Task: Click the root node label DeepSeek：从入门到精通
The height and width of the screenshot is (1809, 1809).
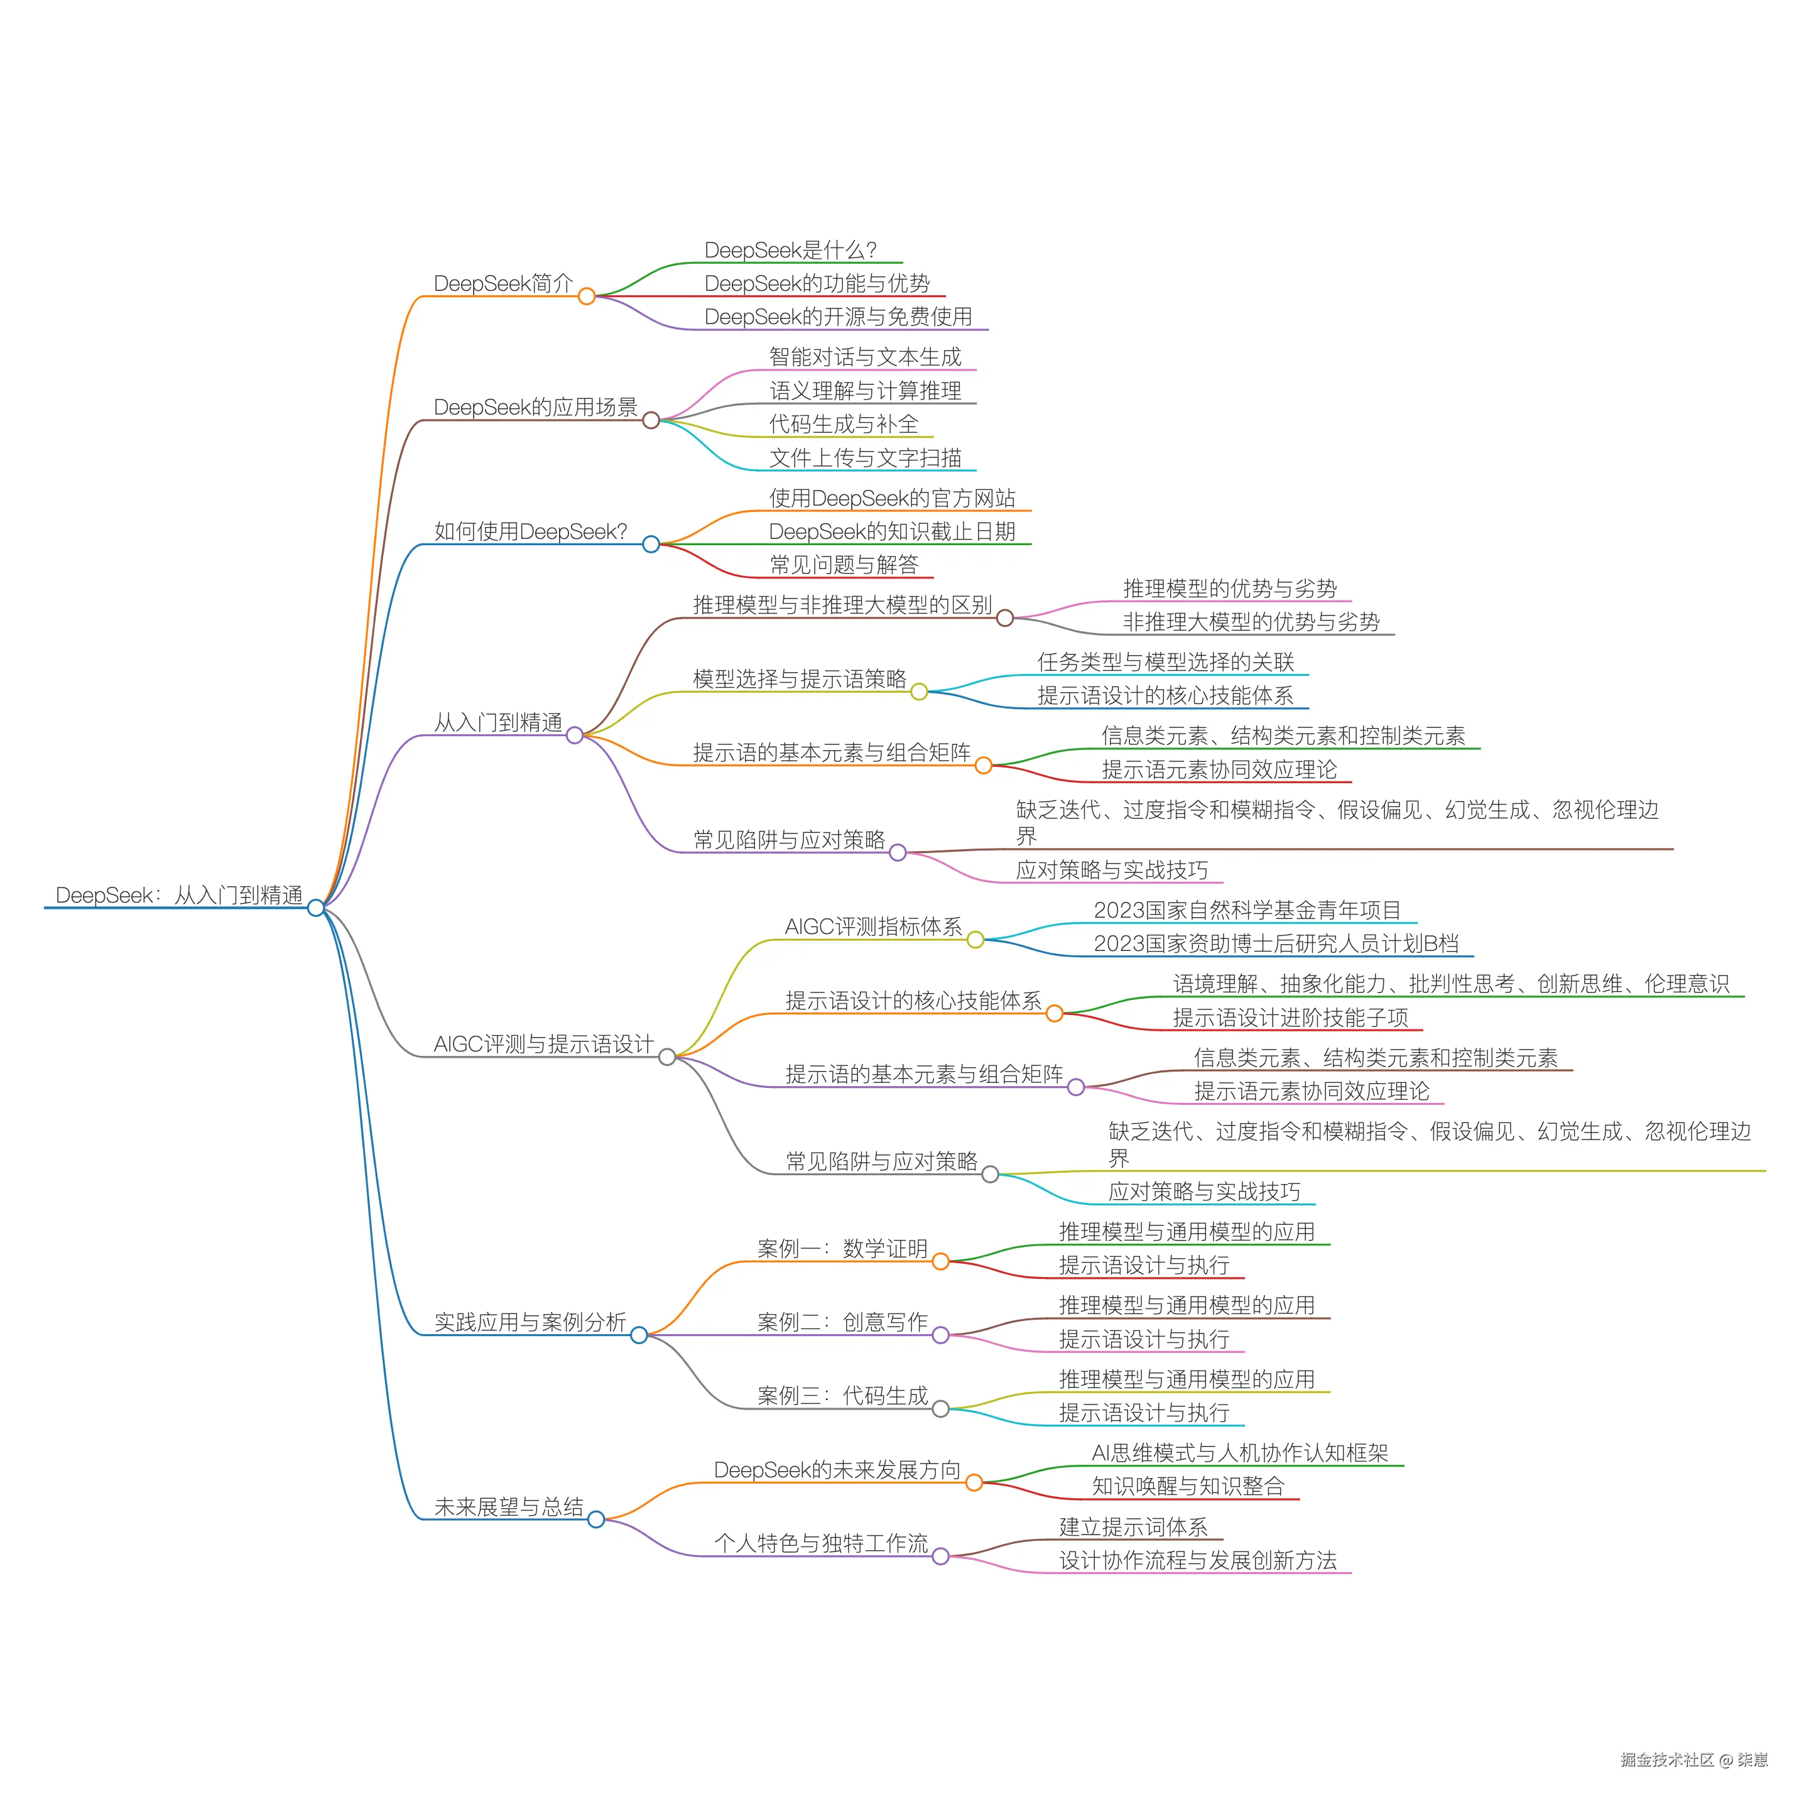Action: point(179,895)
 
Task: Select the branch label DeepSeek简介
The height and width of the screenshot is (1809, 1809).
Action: point(503,284)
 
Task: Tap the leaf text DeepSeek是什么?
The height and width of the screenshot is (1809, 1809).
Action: point(790,250)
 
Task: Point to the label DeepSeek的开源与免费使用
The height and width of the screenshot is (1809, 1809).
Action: point(838,317)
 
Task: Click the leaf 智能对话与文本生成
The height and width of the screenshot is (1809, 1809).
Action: point(865,357)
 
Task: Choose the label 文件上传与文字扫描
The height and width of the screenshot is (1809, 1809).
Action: point(865,458)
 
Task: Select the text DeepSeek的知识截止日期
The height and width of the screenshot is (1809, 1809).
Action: point(891,532)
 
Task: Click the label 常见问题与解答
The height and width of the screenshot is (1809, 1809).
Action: point(844,565)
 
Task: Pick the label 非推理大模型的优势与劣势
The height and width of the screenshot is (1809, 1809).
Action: point(1251,622)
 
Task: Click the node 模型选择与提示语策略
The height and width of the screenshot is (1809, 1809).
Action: point(799,679)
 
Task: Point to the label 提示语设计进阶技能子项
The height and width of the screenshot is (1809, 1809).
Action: point(1290,1018)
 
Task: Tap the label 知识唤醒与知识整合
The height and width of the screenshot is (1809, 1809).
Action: point(1187,1486)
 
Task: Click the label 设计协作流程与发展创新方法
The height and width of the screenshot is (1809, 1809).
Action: point(1198,1560)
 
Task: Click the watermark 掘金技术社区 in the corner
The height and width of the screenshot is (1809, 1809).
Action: point(1666,1760)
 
